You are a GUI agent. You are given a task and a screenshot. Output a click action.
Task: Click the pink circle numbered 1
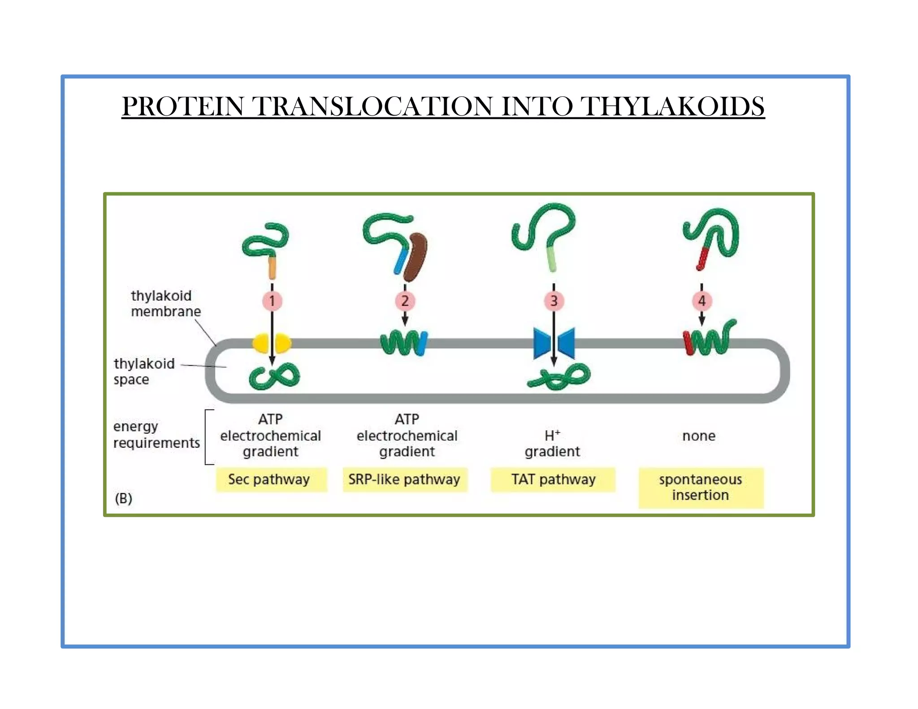pos(272,301)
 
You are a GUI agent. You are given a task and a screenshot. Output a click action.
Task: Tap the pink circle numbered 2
pos(405,301)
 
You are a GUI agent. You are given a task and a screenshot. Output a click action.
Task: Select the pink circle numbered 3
pos(554,301)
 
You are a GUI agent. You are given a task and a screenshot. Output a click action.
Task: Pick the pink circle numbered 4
pos(701,301)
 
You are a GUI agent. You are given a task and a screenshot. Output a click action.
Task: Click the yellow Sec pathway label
pos(271,480)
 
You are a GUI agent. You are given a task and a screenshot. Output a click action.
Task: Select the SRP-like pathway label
pos(404,480)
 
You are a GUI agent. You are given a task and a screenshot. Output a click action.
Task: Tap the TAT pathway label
pos(553,480)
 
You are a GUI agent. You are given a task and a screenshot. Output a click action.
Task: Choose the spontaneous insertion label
pos(701,487)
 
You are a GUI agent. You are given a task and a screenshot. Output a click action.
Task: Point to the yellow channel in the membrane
pos(272,344)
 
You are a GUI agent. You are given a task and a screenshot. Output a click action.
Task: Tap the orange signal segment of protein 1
pos(272,267)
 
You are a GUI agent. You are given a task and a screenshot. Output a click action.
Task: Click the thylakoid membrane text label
pos(165,303)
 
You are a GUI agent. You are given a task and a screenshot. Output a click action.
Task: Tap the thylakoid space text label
pos(143,371)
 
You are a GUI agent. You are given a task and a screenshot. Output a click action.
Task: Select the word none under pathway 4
pos(698,436)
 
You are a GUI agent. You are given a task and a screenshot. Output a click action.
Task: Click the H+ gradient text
pos(552,443)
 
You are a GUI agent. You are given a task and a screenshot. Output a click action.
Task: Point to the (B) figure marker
pos(123,498)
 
